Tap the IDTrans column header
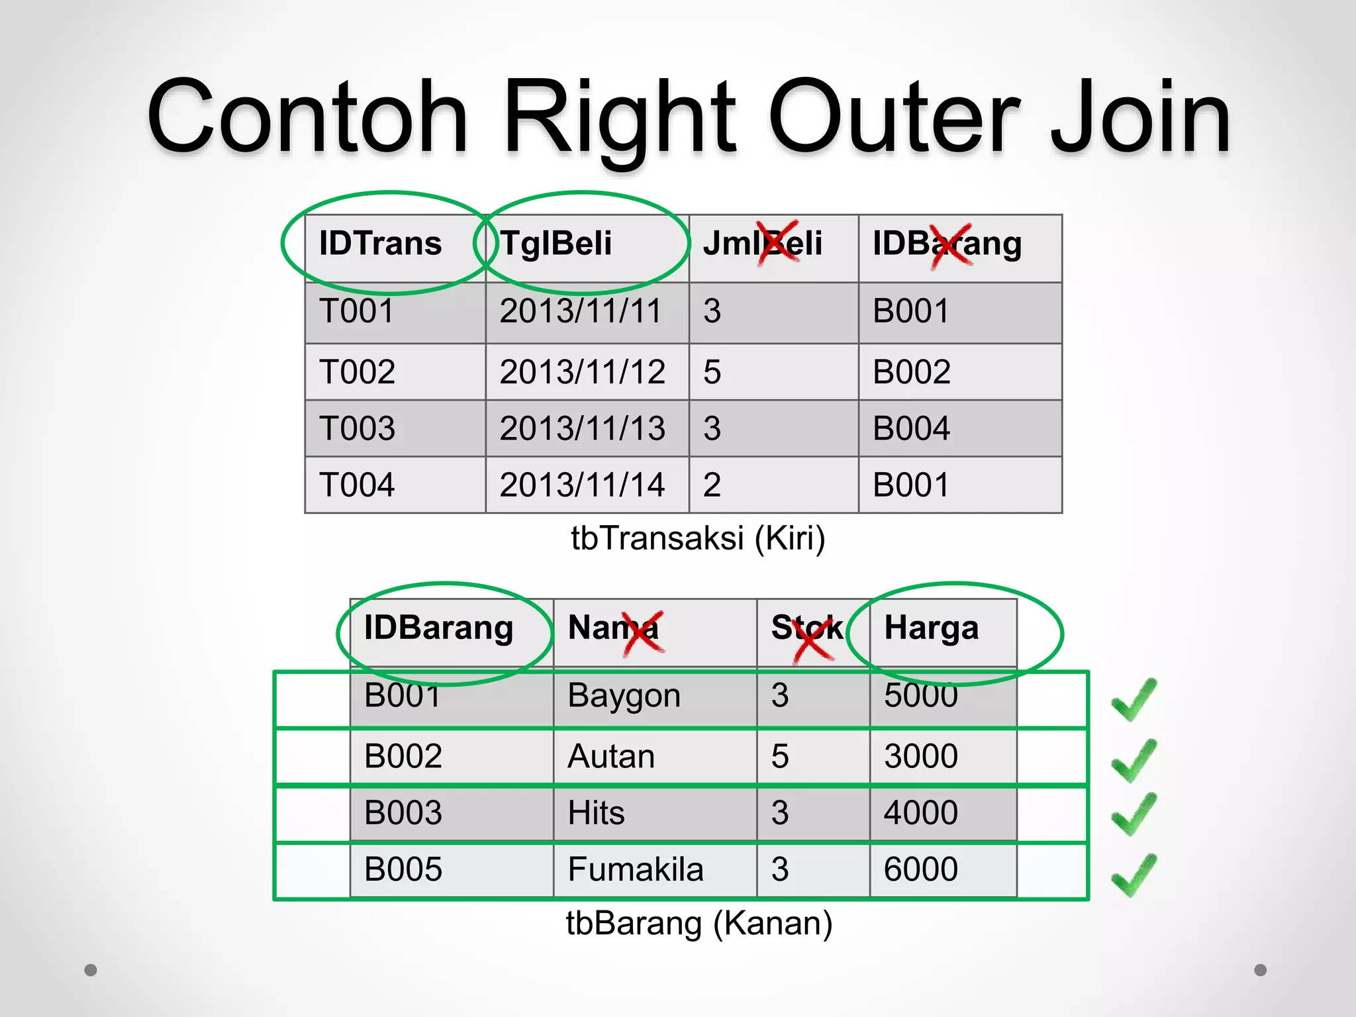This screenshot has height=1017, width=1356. [380, 244]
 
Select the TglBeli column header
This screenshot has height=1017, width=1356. [556, 244]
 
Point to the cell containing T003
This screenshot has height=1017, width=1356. [358, 428]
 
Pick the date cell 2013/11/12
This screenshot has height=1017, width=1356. [582, 372]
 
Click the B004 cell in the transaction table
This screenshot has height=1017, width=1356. [911, 428]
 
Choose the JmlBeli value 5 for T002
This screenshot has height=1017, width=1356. [712, 372]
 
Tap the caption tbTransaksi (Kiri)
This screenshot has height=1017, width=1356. [698, 538]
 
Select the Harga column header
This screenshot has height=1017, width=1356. [931, 628]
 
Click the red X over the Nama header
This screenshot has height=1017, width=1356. [643, 633]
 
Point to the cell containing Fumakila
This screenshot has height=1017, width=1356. [635, 869]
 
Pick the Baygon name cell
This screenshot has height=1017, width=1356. [624, 696]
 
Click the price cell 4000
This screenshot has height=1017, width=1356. [920, 812]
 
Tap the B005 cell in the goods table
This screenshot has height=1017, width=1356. [403, 869]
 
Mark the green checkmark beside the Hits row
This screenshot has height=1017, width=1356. [1134, 814]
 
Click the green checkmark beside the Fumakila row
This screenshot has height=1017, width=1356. [1134, 875]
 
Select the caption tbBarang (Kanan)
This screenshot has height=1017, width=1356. [699, 923]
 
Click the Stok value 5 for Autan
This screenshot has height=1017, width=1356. [780, 756]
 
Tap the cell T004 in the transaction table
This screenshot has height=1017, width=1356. [357, 485]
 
